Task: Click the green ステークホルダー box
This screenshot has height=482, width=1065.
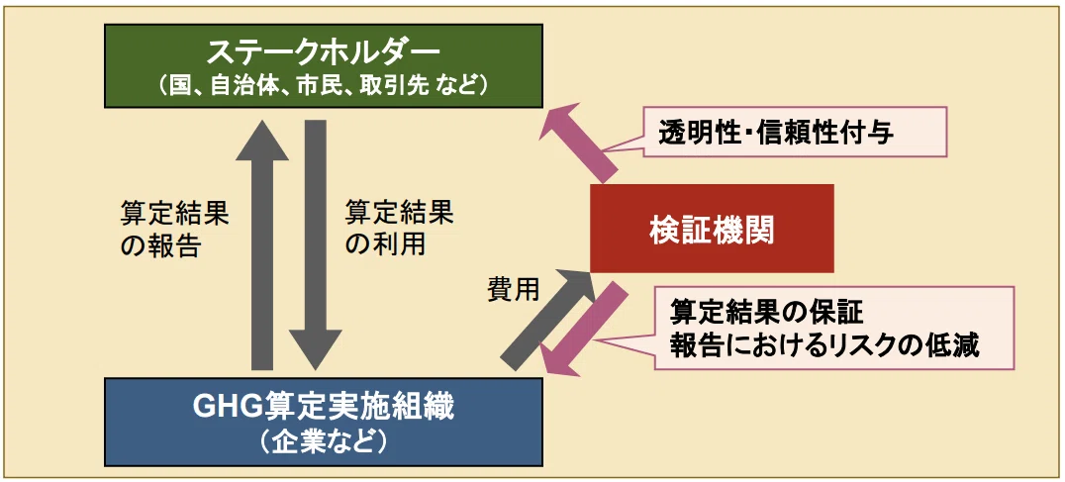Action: (324, 65)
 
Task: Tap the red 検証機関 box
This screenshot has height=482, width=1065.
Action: (711, 228)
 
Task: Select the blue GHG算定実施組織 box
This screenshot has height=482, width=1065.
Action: (324, 422)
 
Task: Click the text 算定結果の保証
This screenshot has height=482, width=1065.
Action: (766, 313)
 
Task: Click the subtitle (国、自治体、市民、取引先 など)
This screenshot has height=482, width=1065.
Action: (324, 86)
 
